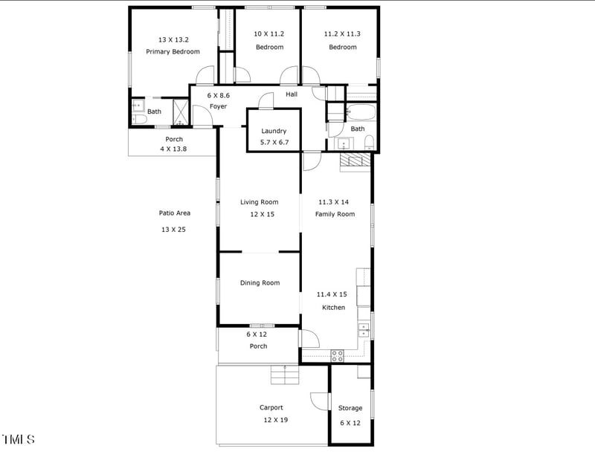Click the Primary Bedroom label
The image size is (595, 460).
click(x=173, y=51)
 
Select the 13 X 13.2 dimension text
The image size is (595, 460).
click(x=173, y=39)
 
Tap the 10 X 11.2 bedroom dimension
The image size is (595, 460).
click(x=269, y=34)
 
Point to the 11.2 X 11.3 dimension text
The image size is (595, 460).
click(x=342, y=34)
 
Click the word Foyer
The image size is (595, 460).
click(x=218, y=106)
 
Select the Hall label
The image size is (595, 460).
click(x=292, y=94)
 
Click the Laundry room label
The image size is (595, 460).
click(x=274, y=131)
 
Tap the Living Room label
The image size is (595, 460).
click(x=259, y=202)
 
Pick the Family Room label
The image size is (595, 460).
click(x=336, y=214)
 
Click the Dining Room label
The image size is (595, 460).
click(x=260, y=282)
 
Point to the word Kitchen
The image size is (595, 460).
click(x=333, y=307)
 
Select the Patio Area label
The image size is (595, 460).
click(x=175, y=213)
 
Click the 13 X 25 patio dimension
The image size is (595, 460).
click(x=173, y=230)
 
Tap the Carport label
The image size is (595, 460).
click(x=271, y=407)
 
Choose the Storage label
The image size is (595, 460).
click(x=350, y=408)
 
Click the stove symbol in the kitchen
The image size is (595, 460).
click(x=337, y=355)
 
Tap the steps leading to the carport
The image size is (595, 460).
click(x=285, y=375)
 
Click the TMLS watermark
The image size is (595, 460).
click(x=19, y=439)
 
